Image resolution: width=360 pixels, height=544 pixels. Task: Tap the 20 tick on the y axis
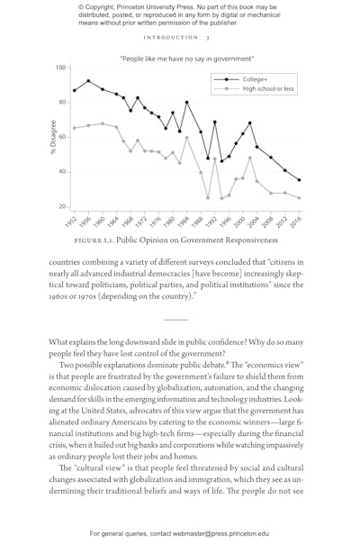coord(61,206)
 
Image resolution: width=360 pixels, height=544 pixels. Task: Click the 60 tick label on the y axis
coord(61,137)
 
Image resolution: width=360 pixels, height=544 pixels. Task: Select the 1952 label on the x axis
coord(72,222)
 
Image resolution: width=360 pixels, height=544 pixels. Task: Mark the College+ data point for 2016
coord(300,180)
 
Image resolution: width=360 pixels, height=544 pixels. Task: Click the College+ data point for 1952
coord(74,90)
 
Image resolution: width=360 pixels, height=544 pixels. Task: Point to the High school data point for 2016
coord(300,197)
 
